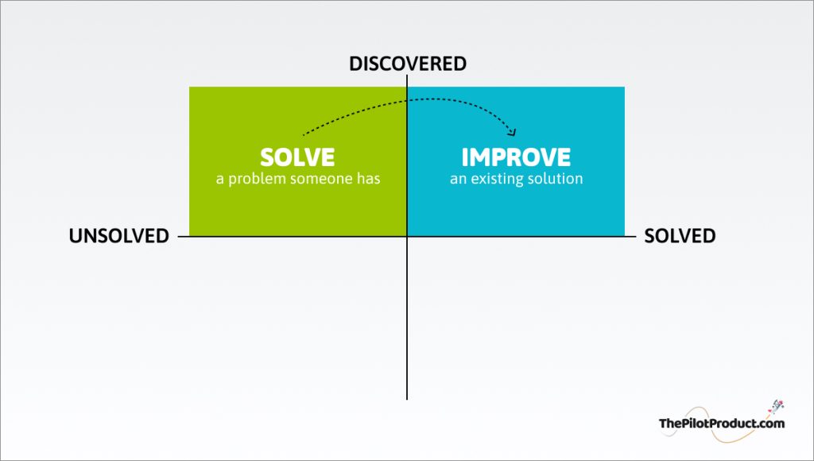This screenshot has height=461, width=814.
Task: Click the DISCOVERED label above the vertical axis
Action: coord(408,64)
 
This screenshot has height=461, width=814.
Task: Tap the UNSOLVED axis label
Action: coord(119,236)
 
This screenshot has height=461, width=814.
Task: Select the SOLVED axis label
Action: coord(680,236)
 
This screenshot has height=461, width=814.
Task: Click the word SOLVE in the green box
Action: coord(297,157)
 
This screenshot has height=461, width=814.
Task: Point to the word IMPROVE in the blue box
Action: coord(516,157)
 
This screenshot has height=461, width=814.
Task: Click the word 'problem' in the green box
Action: coord(257,179)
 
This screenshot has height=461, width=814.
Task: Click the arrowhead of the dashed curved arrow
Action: coord(513,133)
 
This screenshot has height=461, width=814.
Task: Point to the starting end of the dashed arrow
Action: coord(303,134)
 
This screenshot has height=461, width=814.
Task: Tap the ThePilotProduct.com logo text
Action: coord(722,423)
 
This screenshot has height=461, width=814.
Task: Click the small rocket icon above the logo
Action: coord(777,406)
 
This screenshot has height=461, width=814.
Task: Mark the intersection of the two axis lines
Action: coord(407,237)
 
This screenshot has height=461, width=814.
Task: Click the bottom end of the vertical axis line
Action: coord(407,399)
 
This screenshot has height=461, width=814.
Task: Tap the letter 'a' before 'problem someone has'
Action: coord(220,180)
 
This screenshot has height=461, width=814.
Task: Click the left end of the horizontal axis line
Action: coord(179,237)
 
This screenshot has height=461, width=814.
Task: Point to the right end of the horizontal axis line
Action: coord(636,237)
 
